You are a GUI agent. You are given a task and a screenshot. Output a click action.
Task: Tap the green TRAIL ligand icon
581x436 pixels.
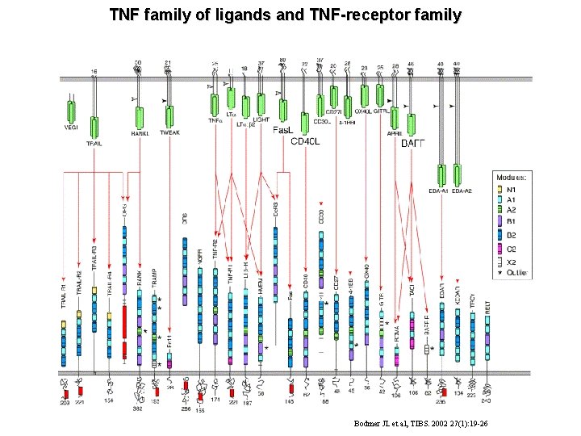tap(95, 128)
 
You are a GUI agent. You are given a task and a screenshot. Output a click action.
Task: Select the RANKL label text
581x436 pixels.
tap(140, 134)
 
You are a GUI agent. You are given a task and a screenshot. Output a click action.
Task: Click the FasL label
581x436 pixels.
tap(283, 130)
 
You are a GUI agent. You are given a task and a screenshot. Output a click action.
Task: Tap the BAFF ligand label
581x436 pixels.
tap(413, 143)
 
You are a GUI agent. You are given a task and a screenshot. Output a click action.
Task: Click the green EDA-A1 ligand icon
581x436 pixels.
tap(441, 174)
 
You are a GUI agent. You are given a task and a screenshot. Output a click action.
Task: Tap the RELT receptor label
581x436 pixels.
tap(487, 307)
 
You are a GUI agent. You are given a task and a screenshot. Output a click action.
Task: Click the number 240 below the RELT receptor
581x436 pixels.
tap(485, 400)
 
